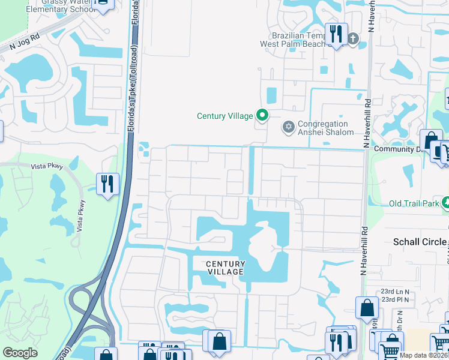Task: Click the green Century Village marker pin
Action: click(x=262, y=114)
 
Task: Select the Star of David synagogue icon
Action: click(x=288, y=127)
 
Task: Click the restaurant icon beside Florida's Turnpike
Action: click(x=107, y=184)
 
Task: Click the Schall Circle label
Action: click(x=420, y=242)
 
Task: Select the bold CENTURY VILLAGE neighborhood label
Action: click(x=226, y=268)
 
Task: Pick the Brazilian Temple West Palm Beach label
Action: click(x=292, y=40)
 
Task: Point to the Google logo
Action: click(x=20, y=353)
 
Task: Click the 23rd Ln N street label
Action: click(x=394, y=291)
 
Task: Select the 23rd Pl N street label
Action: click(x=394, y=299)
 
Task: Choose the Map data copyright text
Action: click(x=424, y=355)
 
